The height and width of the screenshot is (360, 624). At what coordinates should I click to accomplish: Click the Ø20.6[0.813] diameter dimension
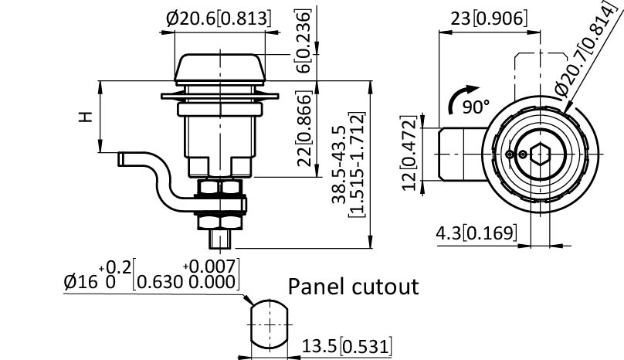(219, 17)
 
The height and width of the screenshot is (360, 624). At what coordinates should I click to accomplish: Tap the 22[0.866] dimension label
(304, 129)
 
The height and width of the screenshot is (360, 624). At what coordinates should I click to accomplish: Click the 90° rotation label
(477, 107)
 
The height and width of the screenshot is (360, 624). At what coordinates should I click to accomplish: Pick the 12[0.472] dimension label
(410, 152)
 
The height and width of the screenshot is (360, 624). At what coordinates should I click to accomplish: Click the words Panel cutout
(353, 287)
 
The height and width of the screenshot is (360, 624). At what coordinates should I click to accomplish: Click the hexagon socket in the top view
(540, 154)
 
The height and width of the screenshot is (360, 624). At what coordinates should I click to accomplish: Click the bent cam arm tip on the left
(123, 158)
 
